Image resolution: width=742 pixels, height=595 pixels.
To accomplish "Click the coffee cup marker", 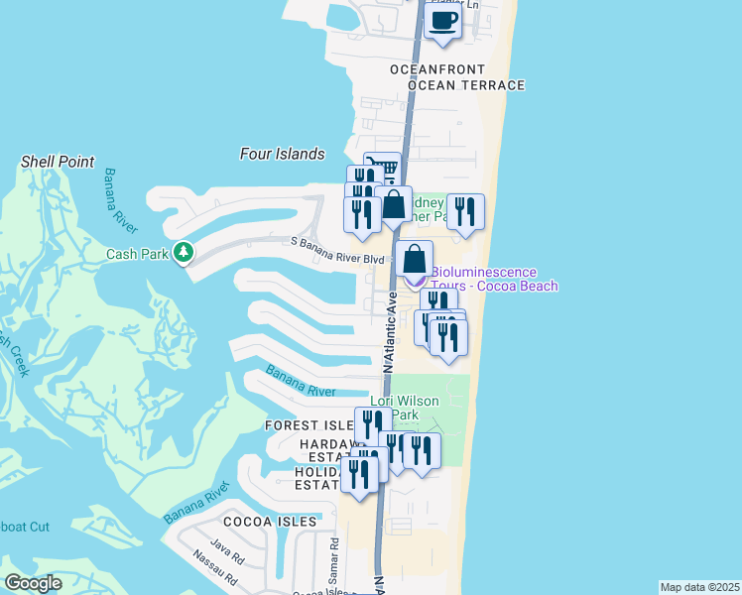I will (442, 21).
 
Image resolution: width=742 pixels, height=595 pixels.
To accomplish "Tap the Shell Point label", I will (58, 162).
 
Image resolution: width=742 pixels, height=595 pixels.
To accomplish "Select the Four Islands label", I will (282, 154).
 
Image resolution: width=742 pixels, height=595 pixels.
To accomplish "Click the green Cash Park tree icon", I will (183, 253).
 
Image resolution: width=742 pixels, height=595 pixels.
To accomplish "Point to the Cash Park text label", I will (138, 254).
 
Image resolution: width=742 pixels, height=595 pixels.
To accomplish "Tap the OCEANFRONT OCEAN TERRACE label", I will (456, 77).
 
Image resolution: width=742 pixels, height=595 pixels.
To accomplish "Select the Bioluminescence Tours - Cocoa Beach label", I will (495, 279).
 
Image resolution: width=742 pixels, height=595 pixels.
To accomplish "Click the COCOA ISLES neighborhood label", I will (270, 521).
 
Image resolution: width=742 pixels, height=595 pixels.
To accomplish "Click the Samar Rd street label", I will (334, 561).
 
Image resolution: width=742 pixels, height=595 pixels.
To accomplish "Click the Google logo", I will (33, 583).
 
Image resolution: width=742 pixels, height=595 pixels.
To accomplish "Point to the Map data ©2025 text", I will (699, 587).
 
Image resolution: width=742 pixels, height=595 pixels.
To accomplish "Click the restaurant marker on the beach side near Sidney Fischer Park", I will (464, 212).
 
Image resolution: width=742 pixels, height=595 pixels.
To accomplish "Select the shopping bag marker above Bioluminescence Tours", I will (414, 260).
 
